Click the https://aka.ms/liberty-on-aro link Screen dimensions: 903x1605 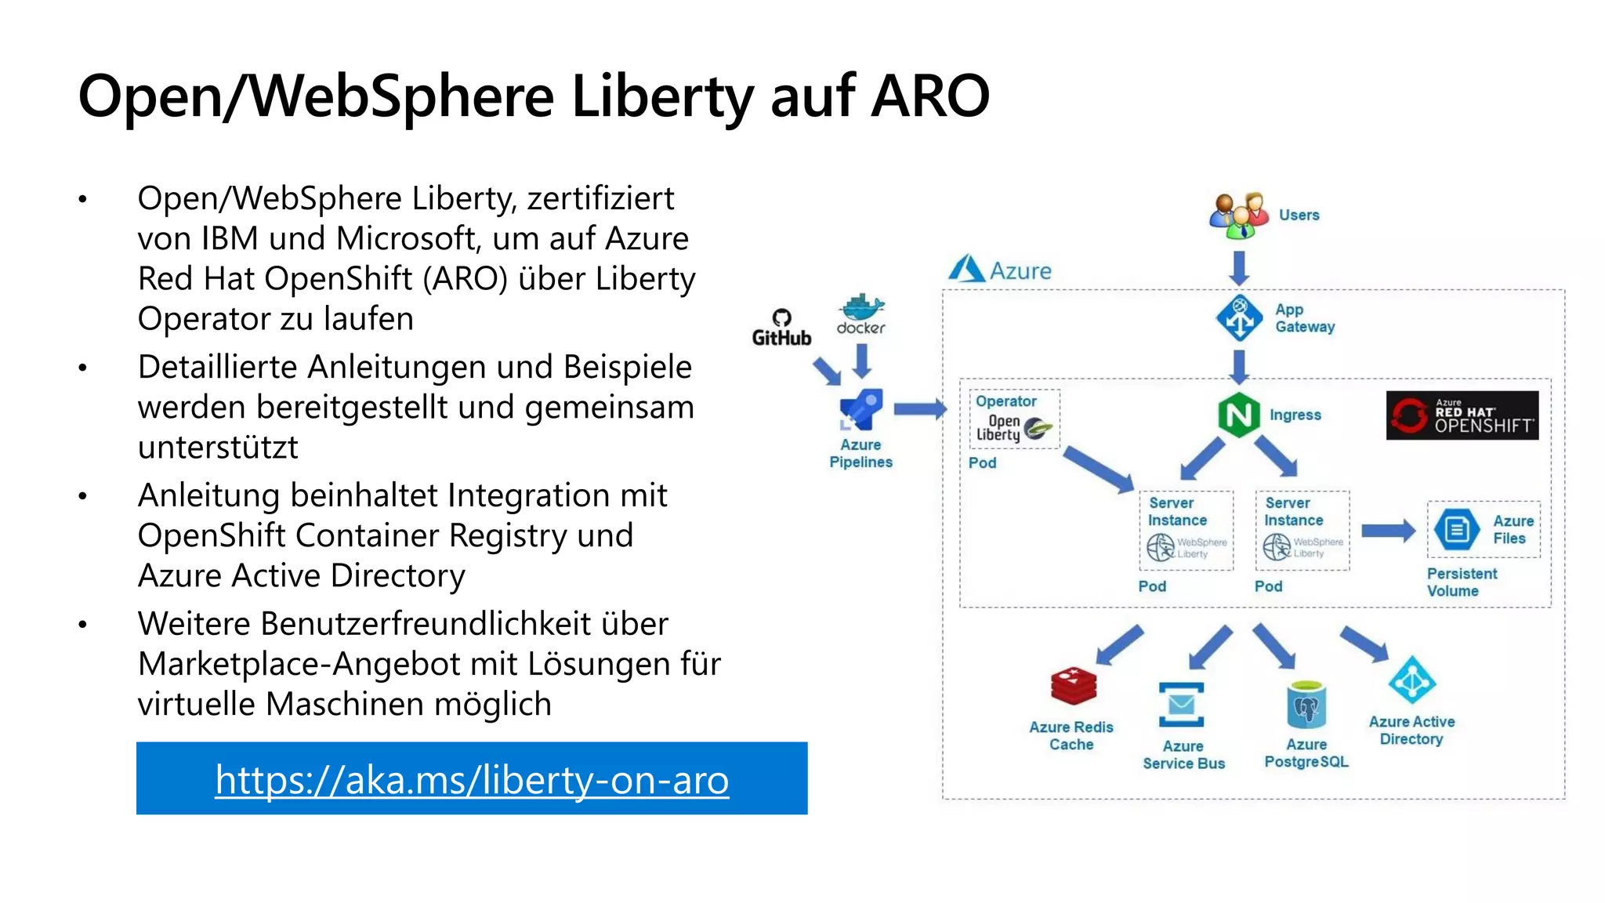click(472, 779)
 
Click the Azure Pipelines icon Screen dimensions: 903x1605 click(860, 410)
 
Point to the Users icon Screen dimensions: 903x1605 click(1238, 216)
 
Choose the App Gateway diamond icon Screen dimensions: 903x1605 click(1239, 317)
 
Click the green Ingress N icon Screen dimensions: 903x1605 click(1238, 415)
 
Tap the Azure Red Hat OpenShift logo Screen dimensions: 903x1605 click(1462, 415)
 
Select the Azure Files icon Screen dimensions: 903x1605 click(1456, 530)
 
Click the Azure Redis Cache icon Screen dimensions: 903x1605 click(1073, 686)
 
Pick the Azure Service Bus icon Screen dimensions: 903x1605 click(1181, 704)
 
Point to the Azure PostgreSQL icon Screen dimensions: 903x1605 click(1306, 705)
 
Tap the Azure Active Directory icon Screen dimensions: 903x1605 click(1411, 680)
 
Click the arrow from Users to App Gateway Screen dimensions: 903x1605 click(1239, 268)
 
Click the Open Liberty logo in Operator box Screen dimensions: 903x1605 click(1014, 428)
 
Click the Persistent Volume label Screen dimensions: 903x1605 click(1461, 582)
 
